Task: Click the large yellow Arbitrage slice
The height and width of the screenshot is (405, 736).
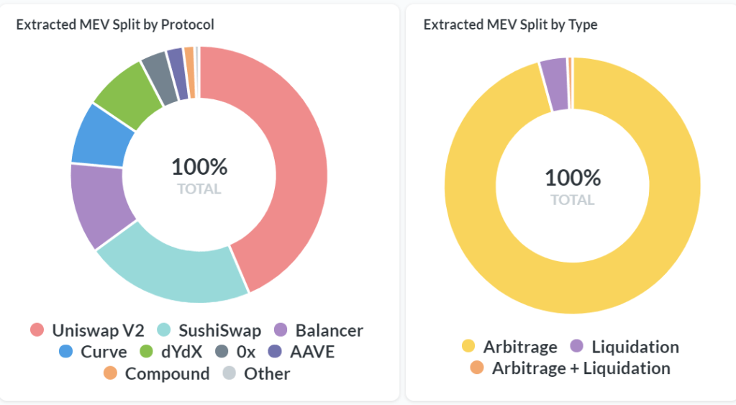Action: (669, 216)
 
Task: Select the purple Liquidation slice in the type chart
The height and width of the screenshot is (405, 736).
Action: (555, 84)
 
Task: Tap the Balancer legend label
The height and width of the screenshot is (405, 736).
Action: (329, 331)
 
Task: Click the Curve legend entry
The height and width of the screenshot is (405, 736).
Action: (104, 352)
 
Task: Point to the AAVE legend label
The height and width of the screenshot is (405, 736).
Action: (311, 352)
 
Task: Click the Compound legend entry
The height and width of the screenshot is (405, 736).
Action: (167, 374)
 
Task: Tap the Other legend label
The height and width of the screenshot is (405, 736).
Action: (266, 374)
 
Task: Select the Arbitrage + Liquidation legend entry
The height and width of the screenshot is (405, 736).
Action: (581, 368)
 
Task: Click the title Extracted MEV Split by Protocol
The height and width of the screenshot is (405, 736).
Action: (115, 24)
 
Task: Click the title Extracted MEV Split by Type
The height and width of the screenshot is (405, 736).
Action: (510, 24)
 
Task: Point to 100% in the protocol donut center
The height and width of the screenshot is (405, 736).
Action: (199, 167)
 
